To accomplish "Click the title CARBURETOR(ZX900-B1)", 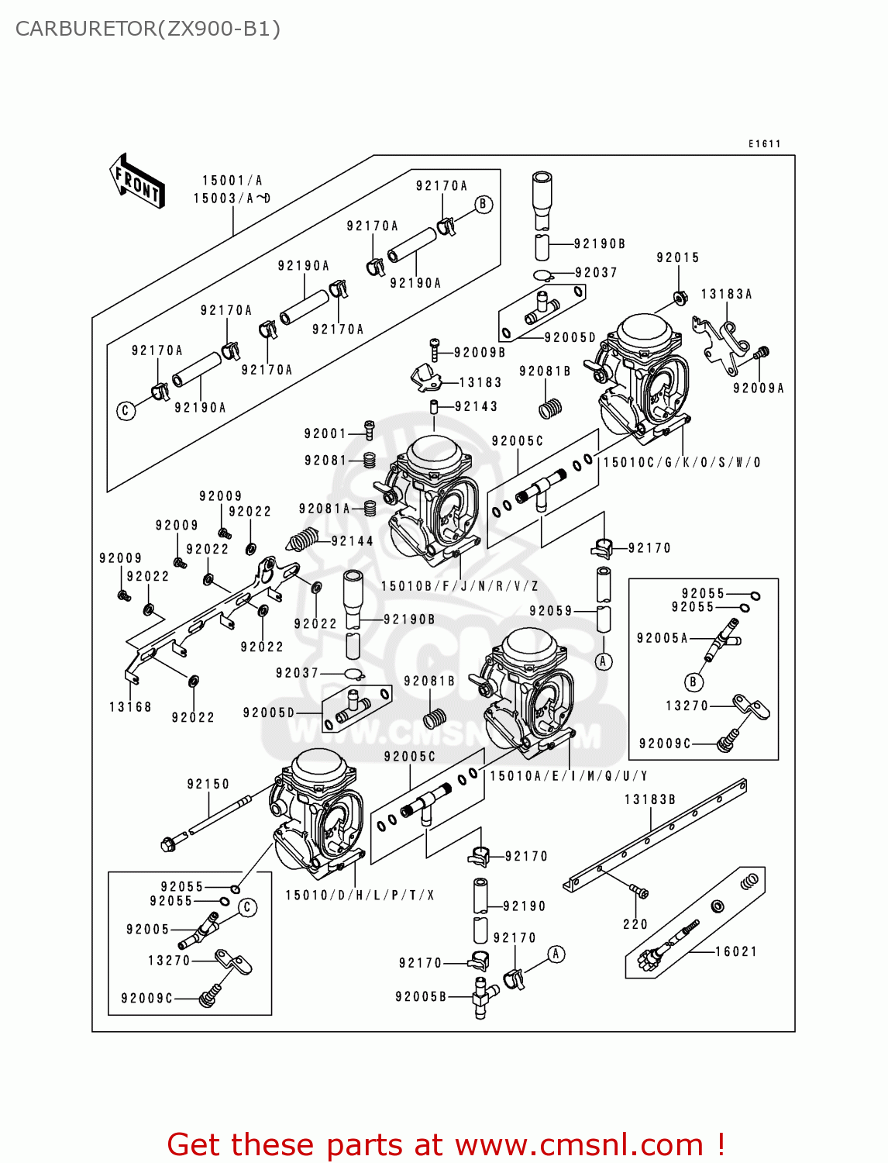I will coord(147,29).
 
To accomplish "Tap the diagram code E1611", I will coord(764,143).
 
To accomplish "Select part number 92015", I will coord(677,257).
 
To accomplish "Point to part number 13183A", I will coord(726,295).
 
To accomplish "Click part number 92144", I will coord(352,541).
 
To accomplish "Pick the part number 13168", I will coord(130,706).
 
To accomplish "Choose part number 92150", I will coord(208,784).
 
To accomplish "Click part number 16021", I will coord(735,951).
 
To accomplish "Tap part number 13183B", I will coord(650,799).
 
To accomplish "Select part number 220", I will coord(635,924).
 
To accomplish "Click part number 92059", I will coord(550,611).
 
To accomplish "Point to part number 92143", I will coord(476,406).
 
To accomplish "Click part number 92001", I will coord(325,433).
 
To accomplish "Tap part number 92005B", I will coord(420,996).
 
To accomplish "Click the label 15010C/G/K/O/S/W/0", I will coord(682,462).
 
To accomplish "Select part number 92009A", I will coord(758,388).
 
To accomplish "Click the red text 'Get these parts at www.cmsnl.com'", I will coord(446,1144).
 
